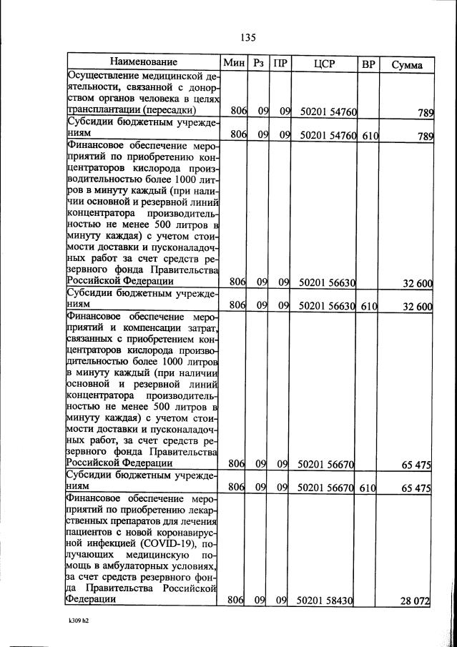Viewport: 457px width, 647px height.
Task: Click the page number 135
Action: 248,37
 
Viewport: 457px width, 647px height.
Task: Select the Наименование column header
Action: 144,63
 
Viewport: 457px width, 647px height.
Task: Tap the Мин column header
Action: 234,64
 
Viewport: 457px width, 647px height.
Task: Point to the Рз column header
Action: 259,64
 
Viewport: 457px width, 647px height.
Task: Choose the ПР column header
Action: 281,64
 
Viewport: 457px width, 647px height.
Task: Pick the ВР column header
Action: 368,64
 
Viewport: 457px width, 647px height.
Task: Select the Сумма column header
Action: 407,64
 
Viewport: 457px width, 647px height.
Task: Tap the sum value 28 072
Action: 414,602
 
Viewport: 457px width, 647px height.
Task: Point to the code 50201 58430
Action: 326,602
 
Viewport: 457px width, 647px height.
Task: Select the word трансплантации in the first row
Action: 103,110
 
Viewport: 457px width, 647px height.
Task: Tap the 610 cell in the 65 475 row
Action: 369,487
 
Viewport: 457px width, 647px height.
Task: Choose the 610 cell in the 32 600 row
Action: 369,305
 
